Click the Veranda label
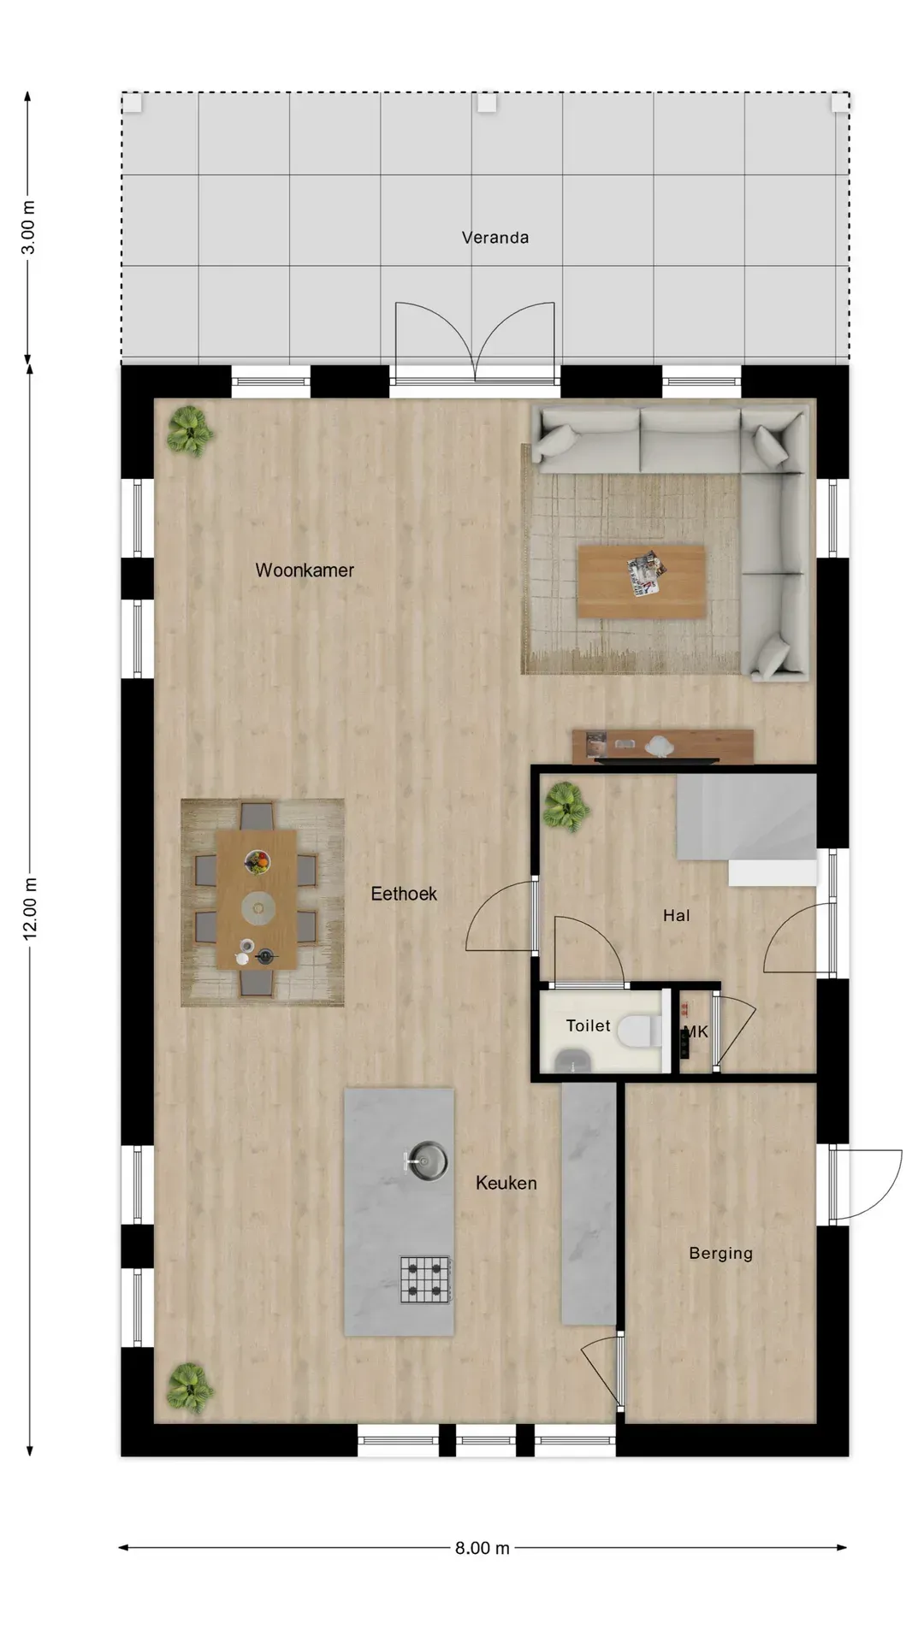pyautogui.click(x=495, y=238)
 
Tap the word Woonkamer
pyautogui.click(x=305, y=570)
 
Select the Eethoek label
pyautogui.click(x=404, y=894)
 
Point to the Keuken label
pyautogui.click(x=506, y=1183)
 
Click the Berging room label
pyautogui.click(x=721, y=1254)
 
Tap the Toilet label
pyautogui.click(x=589, y=1025)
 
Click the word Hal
pyautogui.click(x=676, y=916)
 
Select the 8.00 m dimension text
pyautogui.click(x=483, y=1548)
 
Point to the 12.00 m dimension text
pyautogui.click(x=30, y=908)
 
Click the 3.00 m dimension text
pyautogui.click(x=29, y=227)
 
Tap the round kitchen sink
pyautogui.click(x=427, y=1161)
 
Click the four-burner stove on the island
pyautogui.click(x=426, y=1279)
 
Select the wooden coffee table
pyautogui.click(x=642, y=582)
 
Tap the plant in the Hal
pyautogui.click(x=566, y=806)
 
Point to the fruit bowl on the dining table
pyautogui.click(x=257, y=861)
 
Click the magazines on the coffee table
pyautogui.click(x=646, y=573)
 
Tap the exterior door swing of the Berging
pyautogui.click(x=866, y=1184)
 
